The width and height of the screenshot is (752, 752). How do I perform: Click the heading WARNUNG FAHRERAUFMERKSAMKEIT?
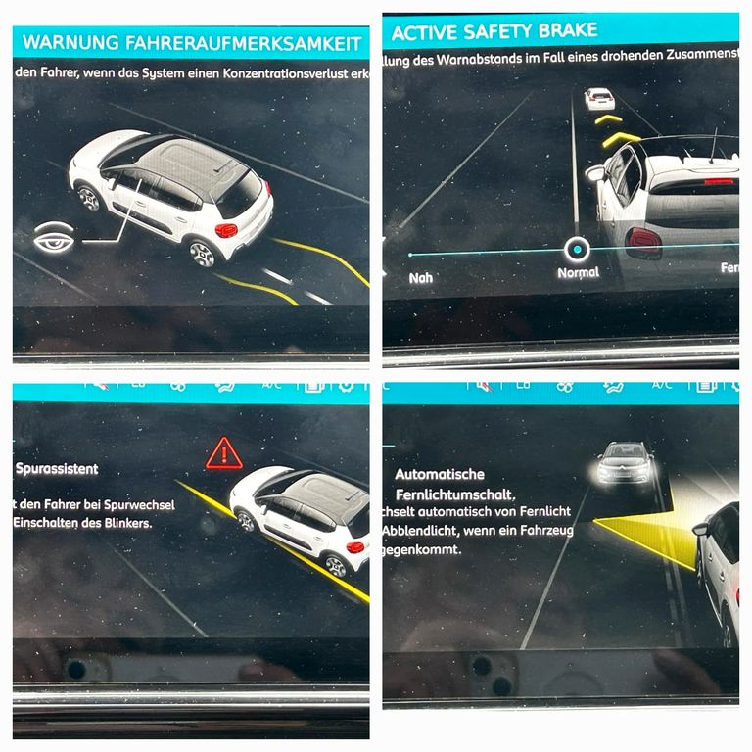[x=192, y=42]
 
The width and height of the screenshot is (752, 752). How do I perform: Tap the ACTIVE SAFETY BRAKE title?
[x=493, y=31]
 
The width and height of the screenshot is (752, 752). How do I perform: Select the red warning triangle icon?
[x=223, y=453]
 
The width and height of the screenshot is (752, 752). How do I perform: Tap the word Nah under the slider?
[x=420, y=278]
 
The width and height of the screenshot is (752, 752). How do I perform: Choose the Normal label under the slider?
[x=578, y=273]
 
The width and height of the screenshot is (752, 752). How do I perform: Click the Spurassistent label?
[x=57, y=469]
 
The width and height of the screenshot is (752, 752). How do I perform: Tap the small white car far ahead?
[x=599, y=98]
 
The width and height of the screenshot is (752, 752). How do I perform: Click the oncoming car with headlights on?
[x=626, y=463]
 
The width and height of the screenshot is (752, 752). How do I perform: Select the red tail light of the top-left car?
[x=226, y=230]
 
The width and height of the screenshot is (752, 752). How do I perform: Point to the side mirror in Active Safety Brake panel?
[x=594, y=173]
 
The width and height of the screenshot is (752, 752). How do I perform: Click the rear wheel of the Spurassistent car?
[x=337, y=566]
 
